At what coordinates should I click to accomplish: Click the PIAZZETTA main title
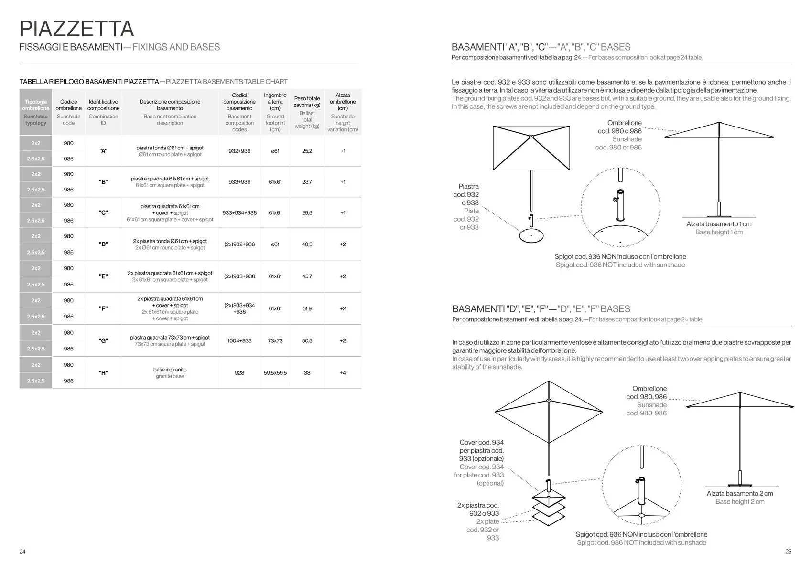76,29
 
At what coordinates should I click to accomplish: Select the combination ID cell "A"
103,151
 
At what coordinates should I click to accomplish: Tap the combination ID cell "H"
103,373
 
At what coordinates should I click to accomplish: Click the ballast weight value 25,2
307,151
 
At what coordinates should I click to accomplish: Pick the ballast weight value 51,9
307,308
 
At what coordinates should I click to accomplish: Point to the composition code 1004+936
239,341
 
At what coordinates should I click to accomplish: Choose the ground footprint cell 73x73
275,341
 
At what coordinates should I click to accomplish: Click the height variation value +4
343,373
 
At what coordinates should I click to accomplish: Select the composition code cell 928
239,373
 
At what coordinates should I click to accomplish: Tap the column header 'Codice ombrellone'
69,105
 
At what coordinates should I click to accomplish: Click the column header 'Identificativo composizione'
103,105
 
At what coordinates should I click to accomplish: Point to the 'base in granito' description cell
170,372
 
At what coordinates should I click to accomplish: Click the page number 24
22,552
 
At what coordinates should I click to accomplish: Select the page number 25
788,552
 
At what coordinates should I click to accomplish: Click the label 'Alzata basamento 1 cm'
719,224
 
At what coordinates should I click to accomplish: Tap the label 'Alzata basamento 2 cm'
740,493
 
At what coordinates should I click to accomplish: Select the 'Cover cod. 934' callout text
481,443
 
